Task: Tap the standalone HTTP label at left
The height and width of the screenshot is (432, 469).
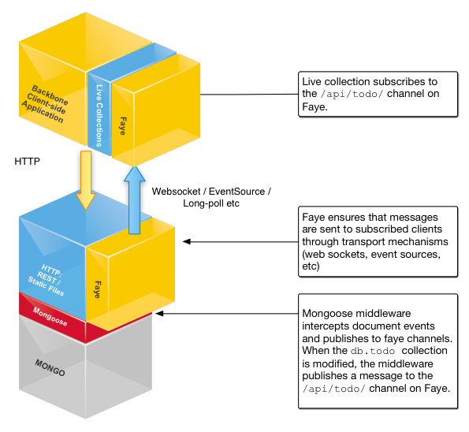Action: [x=28, y=161]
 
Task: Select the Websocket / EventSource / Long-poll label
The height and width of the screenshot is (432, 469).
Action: [x=210, y=197]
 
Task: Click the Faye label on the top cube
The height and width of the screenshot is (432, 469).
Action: [x=123, y=127]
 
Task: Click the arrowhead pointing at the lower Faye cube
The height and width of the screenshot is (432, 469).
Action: [x=186, y=242]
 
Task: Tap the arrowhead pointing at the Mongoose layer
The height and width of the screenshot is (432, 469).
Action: [x=160, y=313]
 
